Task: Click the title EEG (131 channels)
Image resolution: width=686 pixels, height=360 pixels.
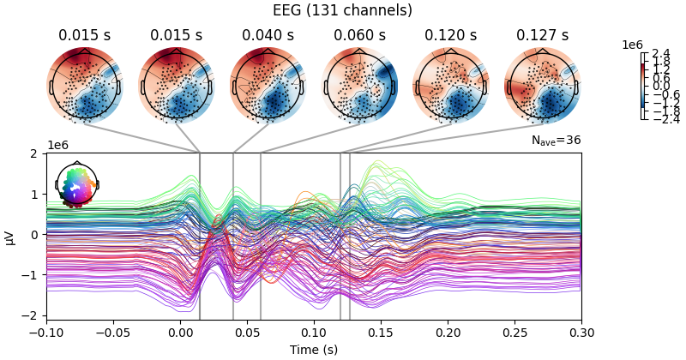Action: click(x=343, y=11)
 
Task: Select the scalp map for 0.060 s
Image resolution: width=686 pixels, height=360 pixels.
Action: click(x=359, y=85)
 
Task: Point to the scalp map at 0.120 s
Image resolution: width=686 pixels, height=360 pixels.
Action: click(x=451, y=85)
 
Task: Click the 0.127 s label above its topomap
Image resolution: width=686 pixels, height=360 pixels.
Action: click(x=543, y=35)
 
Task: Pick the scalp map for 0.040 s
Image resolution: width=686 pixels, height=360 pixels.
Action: click(x=268, y=85)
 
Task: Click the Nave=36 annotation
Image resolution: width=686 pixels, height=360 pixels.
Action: click(x=557, y=141)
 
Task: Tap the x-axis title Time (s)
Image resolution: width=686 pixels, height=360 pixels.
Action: click(x=314, y=350)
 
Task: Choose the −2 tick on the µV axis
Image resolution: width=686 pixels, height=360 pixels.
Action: click(x=33, y=315)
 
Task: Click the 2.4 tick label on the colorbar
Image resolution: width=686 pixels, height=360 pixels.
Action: click(x=660, y=54)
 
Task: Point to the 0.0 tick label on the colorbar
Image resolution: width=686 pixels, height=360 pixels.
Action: click(x=660, y=87)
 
